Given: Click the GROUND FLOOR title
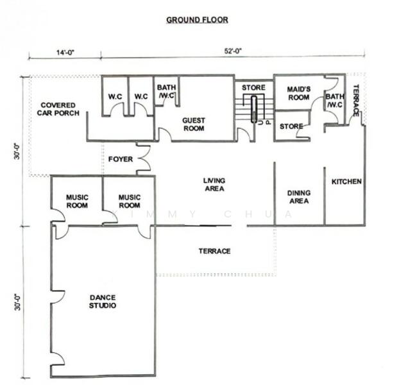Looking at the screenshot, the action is (197, 20).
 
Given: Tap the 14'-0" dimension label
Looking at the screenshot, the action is (65, 53).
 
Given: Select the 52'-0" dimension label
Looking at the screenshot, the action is (233, 51).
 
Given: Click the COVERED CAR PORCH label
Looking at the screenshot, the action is (58, 109).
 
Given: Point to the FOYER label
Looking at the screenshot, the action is (121, 159).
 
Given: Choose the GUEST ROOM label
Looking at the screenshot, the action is (194, 124).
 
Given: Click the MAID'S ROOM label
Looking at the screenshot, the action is (299, 93).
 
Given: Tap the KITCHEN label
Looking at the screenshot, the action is (346, 182).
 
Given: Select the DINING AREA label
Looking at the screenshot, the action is (299, 196).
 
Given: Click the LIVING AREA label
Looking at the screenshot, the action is (214, 184).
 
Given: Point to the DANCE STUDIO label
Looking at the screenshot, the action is (103, 301).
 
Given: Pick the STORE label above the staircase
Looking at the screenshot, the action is (253, 87).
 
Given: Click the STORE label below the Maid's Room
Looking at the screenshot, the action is (291, 126).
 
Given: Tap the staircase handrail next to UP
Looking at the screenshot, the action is (254, 109).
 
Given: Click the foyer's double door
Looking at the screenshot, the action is (144, 158).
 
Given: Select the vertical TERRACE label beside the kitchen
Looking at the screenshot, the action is (356, 100).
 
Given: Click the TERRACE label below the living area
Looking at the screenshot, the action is (215, 251).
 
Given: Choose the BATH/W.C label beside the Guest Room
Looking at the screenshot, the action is (166, 91).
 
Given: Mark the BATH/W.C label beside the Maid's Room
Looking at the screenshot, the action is (335, 101).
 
